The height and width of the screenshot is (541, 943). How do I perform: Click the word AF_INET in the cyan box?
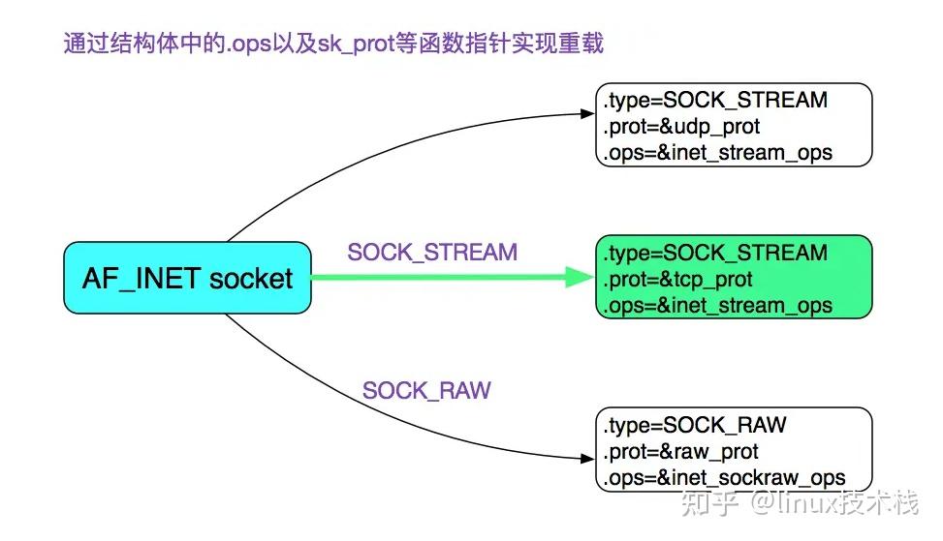click(141, 279)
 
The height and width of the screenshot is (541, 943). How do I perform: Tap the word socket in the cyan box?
click(249, 279)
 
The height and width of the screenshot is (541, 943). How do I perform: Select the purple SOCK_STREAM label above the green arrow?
click(432, 253)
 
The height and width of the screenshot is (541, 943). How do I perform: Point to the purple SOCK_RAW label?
click(426, 391)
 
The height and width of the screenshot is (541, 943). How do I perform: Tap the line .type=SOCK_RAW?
click(694, 426)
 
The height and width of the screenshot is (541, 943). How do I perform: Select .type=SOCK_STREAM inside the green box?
click(715, 254)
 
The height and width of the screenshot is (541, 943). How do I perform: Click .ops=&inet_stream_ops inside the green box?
click(717, 306)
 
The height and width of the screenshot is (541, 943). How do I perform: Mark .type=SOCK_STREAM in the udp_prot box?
click(715, 101)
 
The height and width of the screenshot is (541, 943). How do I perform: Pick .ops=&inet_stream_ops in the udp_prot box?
click(717, 153)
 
